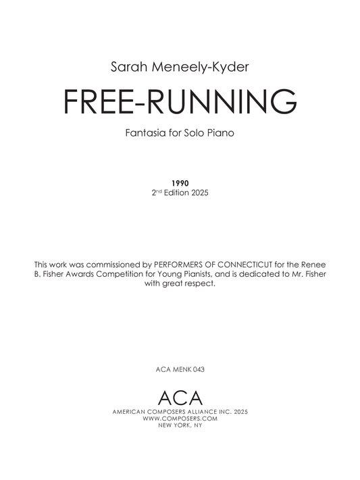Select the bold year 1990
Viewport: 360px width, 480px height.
[x=180, y=183]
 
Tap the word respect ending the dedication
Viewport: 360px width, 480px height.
[x=201, y=284]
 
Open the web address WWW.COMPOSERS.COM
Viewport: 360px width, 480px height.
[x=180, y=418]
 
